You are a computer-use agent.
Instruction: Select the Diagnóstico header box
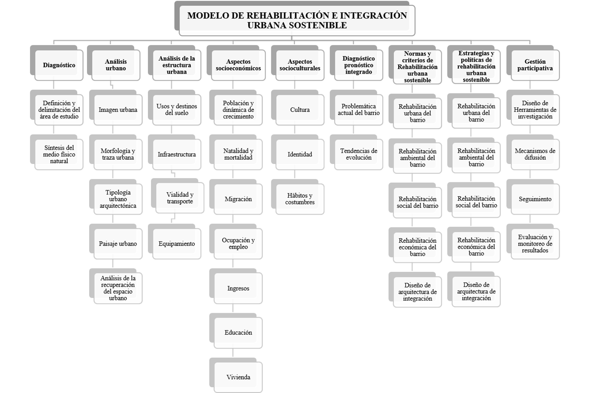[x=59, y=65]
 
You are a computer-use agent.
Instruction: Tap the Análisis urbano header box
[x=116, y=65]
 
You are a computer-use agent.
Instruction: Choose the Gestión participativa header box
[x=535, y=65]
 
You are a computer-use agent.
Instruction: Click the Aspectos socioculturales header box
[x=300, y=65]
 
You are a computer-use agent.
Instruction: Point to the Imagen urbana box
[x=118, y=110]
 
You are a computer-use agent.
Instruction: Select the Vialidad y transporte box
[x=180, y=198]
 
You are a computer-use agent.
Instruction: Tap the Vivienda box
[x=238, y=377]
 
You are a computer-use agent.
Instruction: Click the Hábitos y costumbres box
[x=300, y=199]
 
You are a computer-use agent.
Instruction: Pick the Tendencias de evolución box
[x=358, y=154]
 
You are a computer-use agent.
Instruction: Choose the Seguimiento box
[x=535, y=199]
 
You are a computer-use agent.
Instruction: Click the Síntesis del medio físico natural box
[x=59, y=154]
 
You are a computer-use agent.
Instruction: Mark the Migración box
[x=238, y=199]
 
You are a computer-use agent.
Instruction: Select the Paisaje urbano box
[x=118, y=244]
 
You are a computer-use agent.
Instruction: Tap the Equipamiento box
[x=177, y=244]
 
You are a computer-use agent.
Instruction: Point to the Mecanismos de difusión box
[x=535, y=154]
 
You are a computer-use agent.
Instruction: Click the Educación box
[x=238, y=333]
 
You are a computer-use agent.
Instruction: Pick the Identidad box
[x=300, y=154]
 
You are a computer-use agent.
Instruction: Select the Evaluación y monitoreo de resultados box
[x=535, y=244]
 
